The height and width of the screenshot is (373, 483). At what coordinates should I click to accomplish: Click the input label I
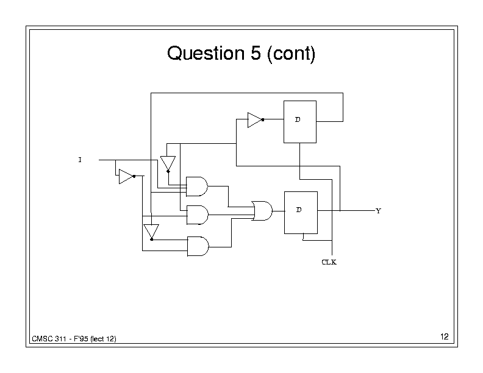point(79,160)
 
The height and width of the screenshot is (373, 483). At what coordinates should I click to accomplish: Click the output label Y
point(378,211)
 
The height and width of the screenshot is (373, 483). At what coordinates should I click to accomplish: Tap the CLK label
point(329,263)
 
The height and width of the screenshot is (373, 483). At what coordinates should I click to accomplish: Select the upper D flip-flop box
point(299,122)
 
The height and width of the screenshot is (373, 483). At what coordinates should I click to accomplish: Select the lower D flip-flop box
point(301,212)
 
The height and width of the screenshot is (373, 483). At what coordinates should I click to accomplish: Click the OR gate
point(262,211)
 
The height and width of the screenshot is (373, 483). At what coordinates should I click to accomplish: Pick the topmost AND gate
point(196,187)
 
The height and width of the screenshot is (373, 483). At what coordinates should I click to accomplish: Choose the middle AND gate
point(196,214)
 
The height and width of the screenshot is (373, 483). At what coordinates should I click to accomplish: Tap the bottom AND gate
point(196,246)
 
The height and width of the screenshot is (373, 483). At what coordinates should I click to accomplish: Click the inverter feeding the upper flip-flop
point(255,120)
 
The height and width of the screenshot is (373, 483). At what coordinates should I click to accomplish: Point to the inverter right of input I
point(126,176)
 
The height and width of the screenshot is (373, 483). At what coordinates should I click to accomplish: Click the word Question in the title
point(204,54)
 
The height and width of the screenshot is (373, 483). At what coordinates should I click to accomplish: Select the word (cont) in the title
point(290,54)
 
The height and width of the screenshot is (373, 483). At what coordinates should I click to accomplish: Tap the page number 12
point(443,337)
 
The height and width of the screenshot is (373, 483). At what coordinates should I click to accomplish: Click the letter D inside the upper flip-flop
point(298,119)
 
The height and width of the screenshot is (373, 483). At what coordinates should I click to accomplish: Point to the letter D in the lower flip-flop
point(299,210)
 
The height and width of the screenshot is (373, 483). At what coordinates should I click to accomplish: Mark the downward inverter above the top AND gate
point(168,163)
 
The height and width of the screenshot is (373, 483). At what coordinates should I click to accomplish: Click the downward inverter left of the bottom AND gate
point(151,232)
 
